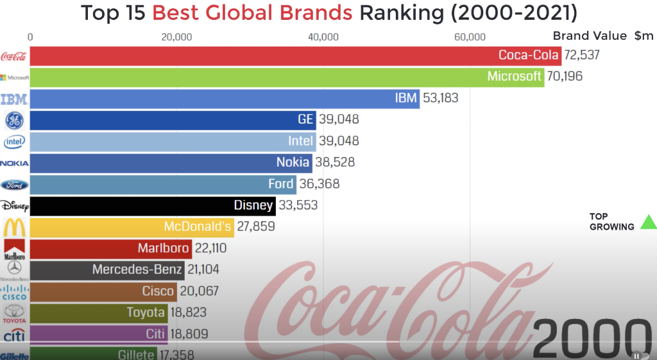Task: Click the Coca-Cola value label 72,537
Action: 582,55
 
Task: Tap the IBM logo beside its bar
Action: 14,99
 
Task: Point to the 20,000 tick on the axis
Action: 176,37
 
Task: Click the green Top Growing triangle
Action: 649,222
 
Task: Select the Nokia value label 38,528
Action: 334,162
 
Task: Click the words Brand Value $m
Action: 602,36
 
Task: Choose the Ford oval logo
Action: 14,185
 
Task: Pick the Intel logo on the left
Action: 14,142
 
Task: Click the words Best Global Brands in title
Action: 252,13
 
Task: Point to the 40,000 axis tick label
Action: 323,37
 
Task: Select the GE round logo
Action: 14,120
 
